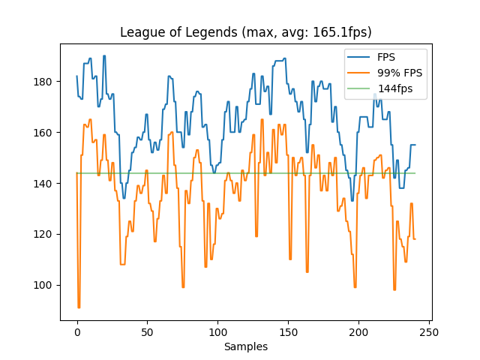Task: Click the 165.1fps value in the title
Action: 342,32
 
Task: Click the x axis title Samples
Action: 246,346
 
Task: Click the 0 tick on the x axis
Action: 77,331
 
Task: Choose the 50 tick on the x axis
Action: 148,331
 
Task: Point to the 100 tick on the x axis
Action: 218,331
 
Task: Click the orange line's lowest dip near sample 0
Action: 79,307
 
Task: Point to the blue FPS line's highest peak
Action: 104,56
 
